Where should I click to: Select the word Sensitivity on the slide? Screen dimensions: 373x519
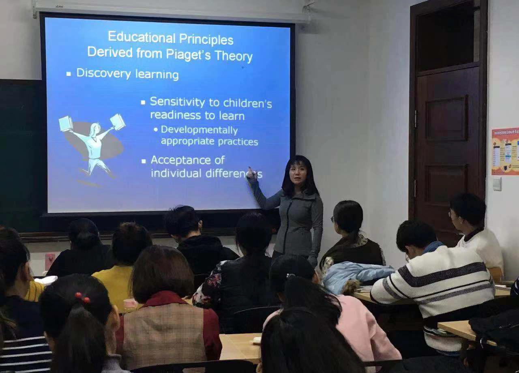pyautogui.click(x=177, y=102)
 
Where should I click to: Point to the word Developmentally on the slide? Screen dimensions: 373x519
pyautogui.click(x=199, y=130)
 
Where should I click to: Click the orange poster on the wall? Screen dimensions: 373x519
pyautogui.click(x=505, y=151)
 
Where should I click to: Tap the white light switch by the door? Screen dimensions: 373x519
pyautogui.click(x=497, y=184)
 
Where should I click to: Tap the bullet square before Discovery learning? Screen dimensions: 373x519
pyautogui.click(x=69, y=74)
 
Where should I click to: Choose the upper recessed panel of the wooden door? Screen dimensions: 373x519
pyautogui.click(x=446, y=118)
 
